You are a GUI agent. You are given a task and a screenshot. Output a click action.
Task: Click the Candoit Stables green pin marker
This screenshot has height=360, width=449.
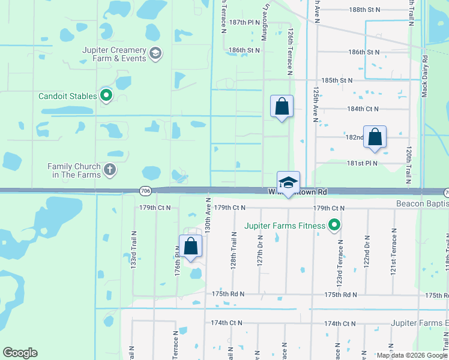click(106, 95)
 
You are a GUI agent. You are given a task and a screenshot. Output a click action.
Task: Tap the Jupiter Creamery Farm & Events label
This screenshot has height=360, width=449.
click(115, 54)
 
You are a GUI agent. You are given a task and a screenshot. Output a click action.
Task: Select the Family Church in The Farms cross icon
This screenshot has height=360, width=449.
click(109, 170)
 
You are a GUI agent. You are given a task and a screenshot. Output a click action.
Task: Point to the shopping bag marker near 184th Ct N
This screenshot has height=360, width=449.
click(282, 107)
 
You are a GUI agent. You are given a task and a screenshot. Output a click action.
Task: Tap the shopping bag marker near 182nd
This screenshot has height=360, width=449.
click(375, 136)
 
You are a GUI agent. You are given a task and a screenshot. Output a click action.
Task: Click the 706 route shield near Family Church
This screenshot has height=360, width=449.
click(145, 191)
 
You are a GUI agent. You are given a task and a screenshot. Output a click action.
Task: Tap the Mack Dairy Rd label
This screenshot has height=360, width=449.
click(424, 76)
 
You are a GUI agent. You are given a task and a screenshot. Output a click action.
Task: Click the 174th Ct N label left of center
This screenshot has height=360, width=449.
click(226, 323)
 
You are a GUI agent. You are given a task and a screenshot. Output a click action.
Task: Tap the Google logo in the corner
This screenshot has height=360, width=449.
click(20, 353)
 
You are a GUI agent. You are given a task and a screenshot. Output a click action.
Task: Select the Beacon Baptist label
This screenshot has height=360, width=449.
click(422, 204)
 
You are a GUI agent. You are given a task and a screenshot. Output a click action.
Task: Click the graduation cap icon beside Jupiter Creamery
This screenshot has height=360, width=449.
click(156, 54)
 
